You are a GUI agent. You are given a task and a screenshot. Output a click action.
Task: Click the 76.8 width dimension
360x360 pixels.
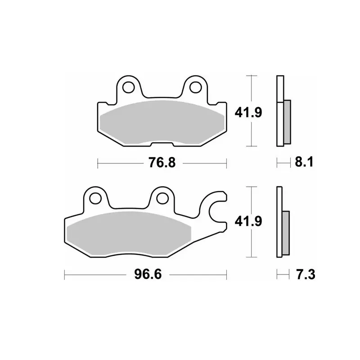(162, 162)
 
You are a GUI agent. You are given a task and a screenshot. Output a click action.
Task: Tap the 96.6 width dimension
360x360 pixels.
(148, 274)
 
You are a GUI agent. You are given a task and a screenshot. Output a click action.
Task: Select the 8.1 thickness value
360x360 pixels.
(304, 162)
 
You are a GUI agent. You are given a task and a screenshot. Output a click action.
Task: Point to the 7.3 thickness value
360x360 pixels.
(306, 274)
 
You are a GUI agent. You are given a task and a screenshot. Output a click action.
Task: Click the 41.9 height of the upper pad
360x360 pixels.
(248, 112)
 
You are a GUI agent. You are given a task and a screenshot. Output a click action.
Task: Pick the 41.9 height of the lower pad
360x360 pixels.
(248, 221)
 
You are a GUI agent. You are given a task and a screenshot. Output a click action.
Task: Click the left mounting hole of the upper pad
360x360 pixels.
(129, 87)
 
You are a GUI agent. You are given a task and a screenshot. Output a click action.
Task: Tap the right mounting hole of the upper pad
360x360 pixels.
(195, 87)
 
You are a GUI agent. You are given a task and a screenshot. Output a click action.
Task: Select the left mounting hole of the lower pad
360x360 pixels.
(95, 198)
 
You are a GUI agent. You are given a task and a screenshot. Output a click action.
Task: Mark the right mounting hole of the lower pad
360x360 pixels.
(162, 198)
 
